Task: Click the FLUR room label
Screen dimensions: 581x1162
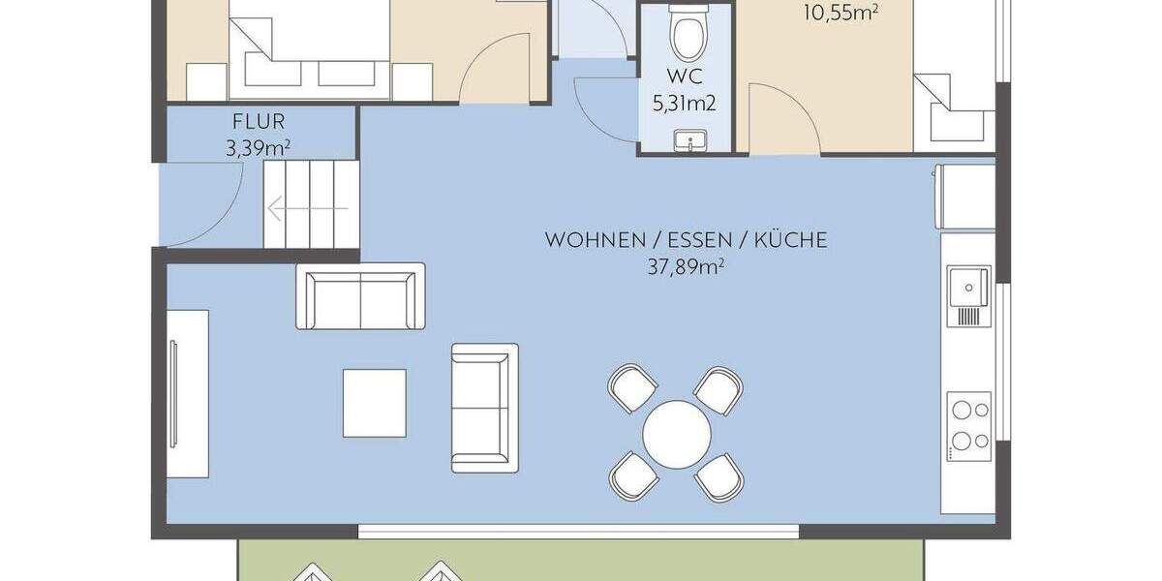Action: pyautogui.click(x=258, y=123)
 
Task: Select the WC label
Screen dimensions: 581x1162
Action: pyautogui.click(x=685, y=78)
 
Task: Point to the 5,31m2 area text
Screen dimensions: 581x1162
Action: pyautogui.click(x=685, y=104)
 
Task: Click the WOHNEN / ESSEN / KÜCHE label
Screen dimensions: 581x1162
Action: pyautogui.click(x=687, y=240)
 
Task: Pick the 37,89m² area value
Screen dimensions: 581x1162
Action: pyautogui.click(x=687, y=266)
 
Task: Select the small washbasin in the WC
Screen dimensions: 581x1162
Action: pyautogui.click(x=689, y=141)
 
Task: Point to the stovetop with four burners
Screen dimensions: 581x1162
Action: pyautogui.click(x=969, y=426)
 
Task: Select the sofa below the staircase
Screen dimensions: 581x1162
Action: pyautogui.click(x=360, y=295)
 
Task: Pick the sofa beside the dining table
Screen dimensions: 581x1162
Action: pyautogui.click(x=480, y=407)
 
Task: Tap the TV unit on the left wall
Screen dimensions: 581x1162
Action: pyautogui.click(x=187, y=392)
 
